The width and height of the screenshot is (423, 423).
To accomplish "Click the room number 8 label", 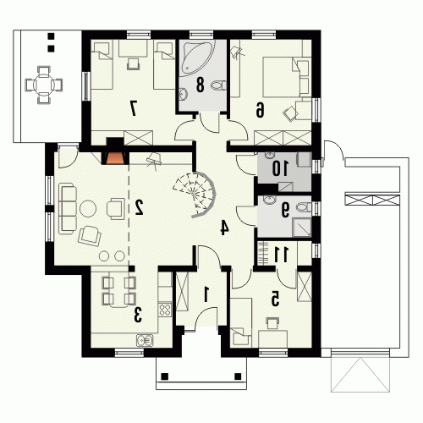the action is pyautogui.click(x=200, y=85).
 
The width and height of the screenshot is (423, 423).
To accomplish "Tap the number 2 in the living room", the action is pyautogui.click(x=139, y=207).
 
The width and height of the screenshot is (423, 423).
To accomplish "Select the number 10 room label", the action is pyautogui.click(x=280, y=168).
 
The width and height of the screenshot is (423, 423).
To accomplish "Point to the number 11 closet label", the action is pyautogui.click(x=281, y=254).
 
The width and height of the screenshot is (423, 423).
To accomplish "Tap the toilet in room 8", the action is pyautogui.click(x=218, y=85).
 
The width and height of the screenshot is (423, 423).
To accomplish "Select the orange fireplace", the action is pyautogui.click(x=115, y=158).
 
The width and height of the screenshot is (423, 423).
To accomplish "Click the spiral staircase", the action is pyautogui.click(x=195, y=195).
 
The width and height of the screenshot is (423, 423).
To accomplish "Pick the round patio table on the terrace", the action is pyautogui.click(x=43, y=85).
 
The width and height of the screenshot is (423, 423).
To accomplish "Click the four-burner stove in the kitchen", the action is pyautogui.click(x=165, y=310).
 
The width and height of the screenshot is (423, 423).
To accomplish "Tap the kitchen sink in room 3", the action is pyautogui.click(x=145, y=340).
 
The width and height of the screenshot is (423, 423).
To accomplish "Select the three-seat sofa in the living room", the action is pyautogui.click(x=68, y=208).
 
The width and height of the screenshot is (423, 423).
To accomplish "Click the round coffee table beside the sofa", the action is pyautogui.click(x=88, y=208).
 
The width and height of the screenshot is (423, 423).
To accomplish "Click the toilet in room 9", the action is pyautogui.click(x=303, y=207).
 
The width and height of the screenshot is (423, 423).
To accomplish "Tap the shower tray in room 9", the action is pyautogui.click(x=302, y=228).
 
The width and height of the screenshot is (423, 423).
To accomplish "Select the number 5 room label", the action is pyautogui.click(x=275, y=299).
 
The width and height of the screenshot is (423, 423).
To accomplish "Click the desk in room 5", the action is pyautogui.click(x=272, y=338).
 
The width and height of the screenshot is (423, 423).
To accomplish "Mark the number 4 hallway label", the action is pyautogui.click(x=224, y=228).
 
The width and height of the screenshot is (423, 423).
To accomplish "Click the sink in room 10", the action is pyautogui.click(x=270, y=156).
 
